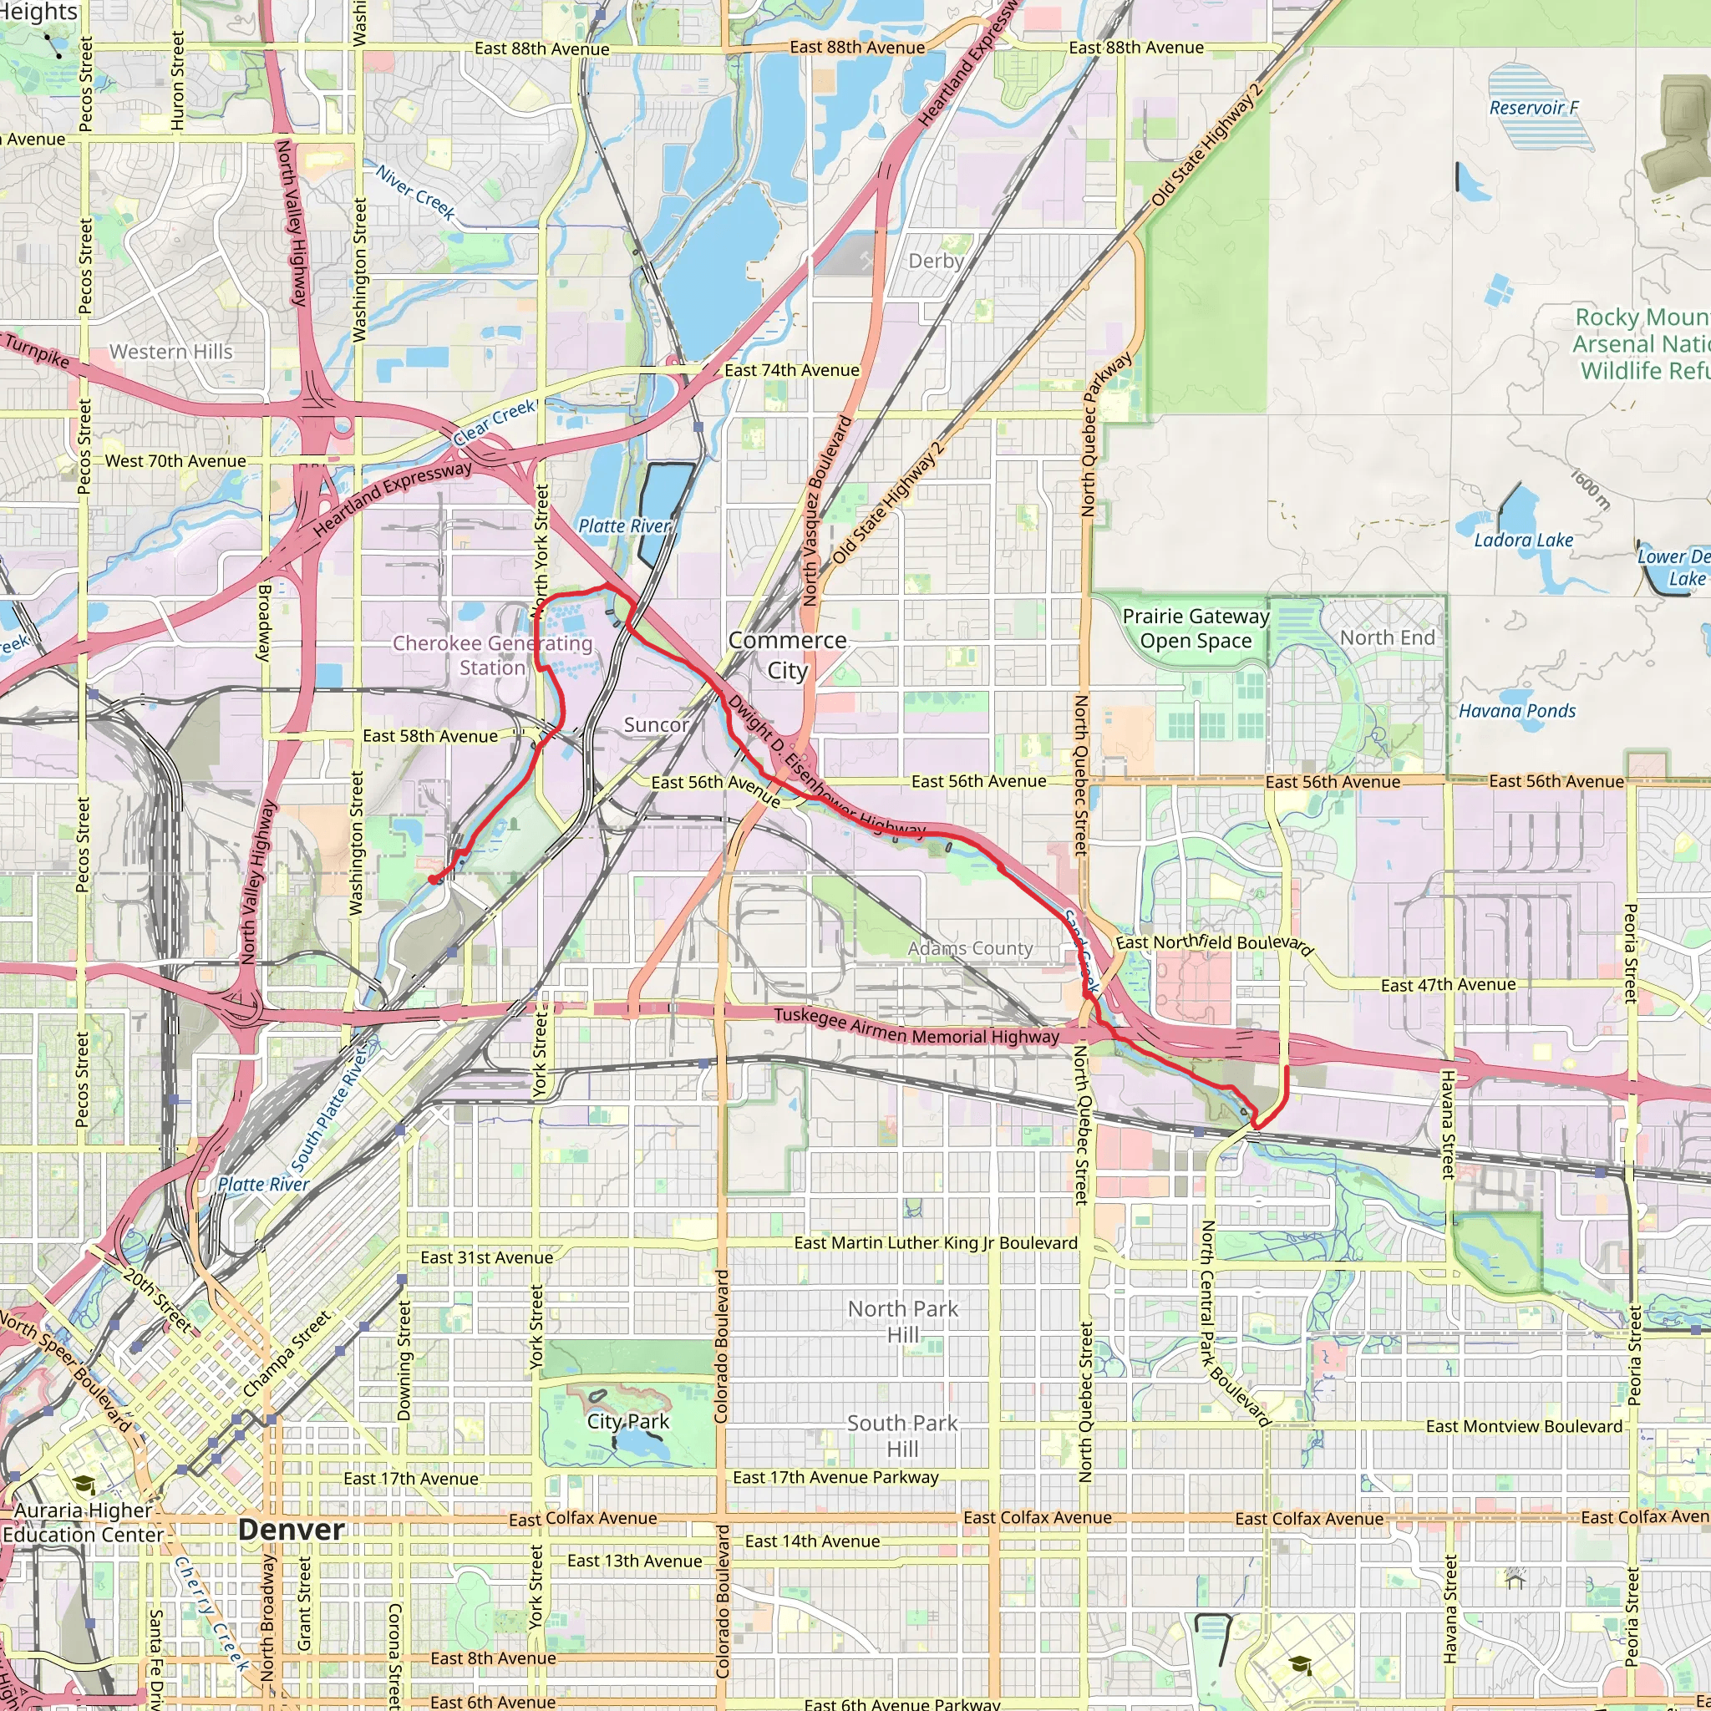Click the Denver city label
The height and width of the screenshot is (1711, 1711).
pyautogui.click(x=292, y=1530)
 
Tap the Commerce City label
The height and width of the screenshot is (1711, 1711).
pyautogui.click(x=787, y=655)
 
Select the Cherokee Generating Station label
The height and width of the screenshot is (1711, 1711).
pyautogui.click(x=492, y=655)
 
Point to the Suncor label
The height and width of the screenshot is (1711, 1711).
pyautogui.click(x=655, y=724)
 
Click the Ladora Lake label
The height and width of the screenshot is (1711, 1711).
pyautogui.click(x=1523, y=541)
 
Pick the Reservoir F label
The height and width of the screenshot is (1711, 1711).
pyautogui.click(x=1534, y=108)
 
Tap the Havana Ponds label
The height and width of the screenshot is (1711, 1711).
pyautogui.click(x=1517, y=710)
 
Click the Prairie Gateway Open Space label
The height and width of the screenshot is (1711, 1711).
pyautogui.click(x=1196, y=628)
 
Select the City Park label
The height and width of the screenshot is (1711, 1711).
pyautogui.click(x=628, y=1421)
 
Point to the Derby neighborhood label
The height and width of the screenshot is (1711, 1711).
pyautogui.click(x=936, y=261)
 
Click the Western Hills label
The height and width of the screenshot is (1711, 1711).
pyautogui.click(x=171, y=352)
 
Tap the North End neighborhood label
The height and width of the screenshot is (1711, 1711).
pyautogui.click(x=1387, y=637)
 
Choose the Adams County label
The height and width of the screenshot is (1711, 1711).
pyautogui.click(x=971, y=948)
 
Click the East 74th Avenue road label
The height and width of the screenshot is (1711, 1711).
pyautogui.click(x=792, y=370)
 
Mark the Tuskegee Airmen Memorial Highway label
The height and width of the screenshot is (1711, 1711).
pyautogui.click(x=916, y=1026)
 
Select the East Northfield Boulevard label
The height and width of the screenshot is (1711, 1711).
pyautogui.click(x=1213, y=944)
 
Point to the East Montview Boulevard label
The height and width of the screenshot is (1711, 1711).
pyautogui.click(x=1524, y=1426)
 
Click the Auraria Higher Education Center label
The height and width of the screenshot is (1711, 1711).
pyautogui.click(x=84, y=1522)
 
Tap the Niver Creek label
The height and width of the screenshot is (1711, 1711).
pyautogui.click(x=415, y=192)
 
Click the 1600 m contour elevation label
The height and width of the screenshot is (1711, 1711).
pyautogui.click(x=1590, y=489)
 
